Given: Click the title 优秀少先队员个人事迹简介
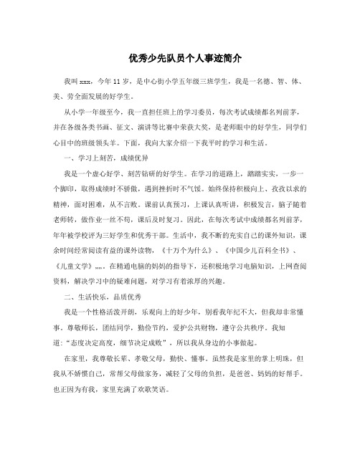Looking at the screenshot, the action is pos(180,55).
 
